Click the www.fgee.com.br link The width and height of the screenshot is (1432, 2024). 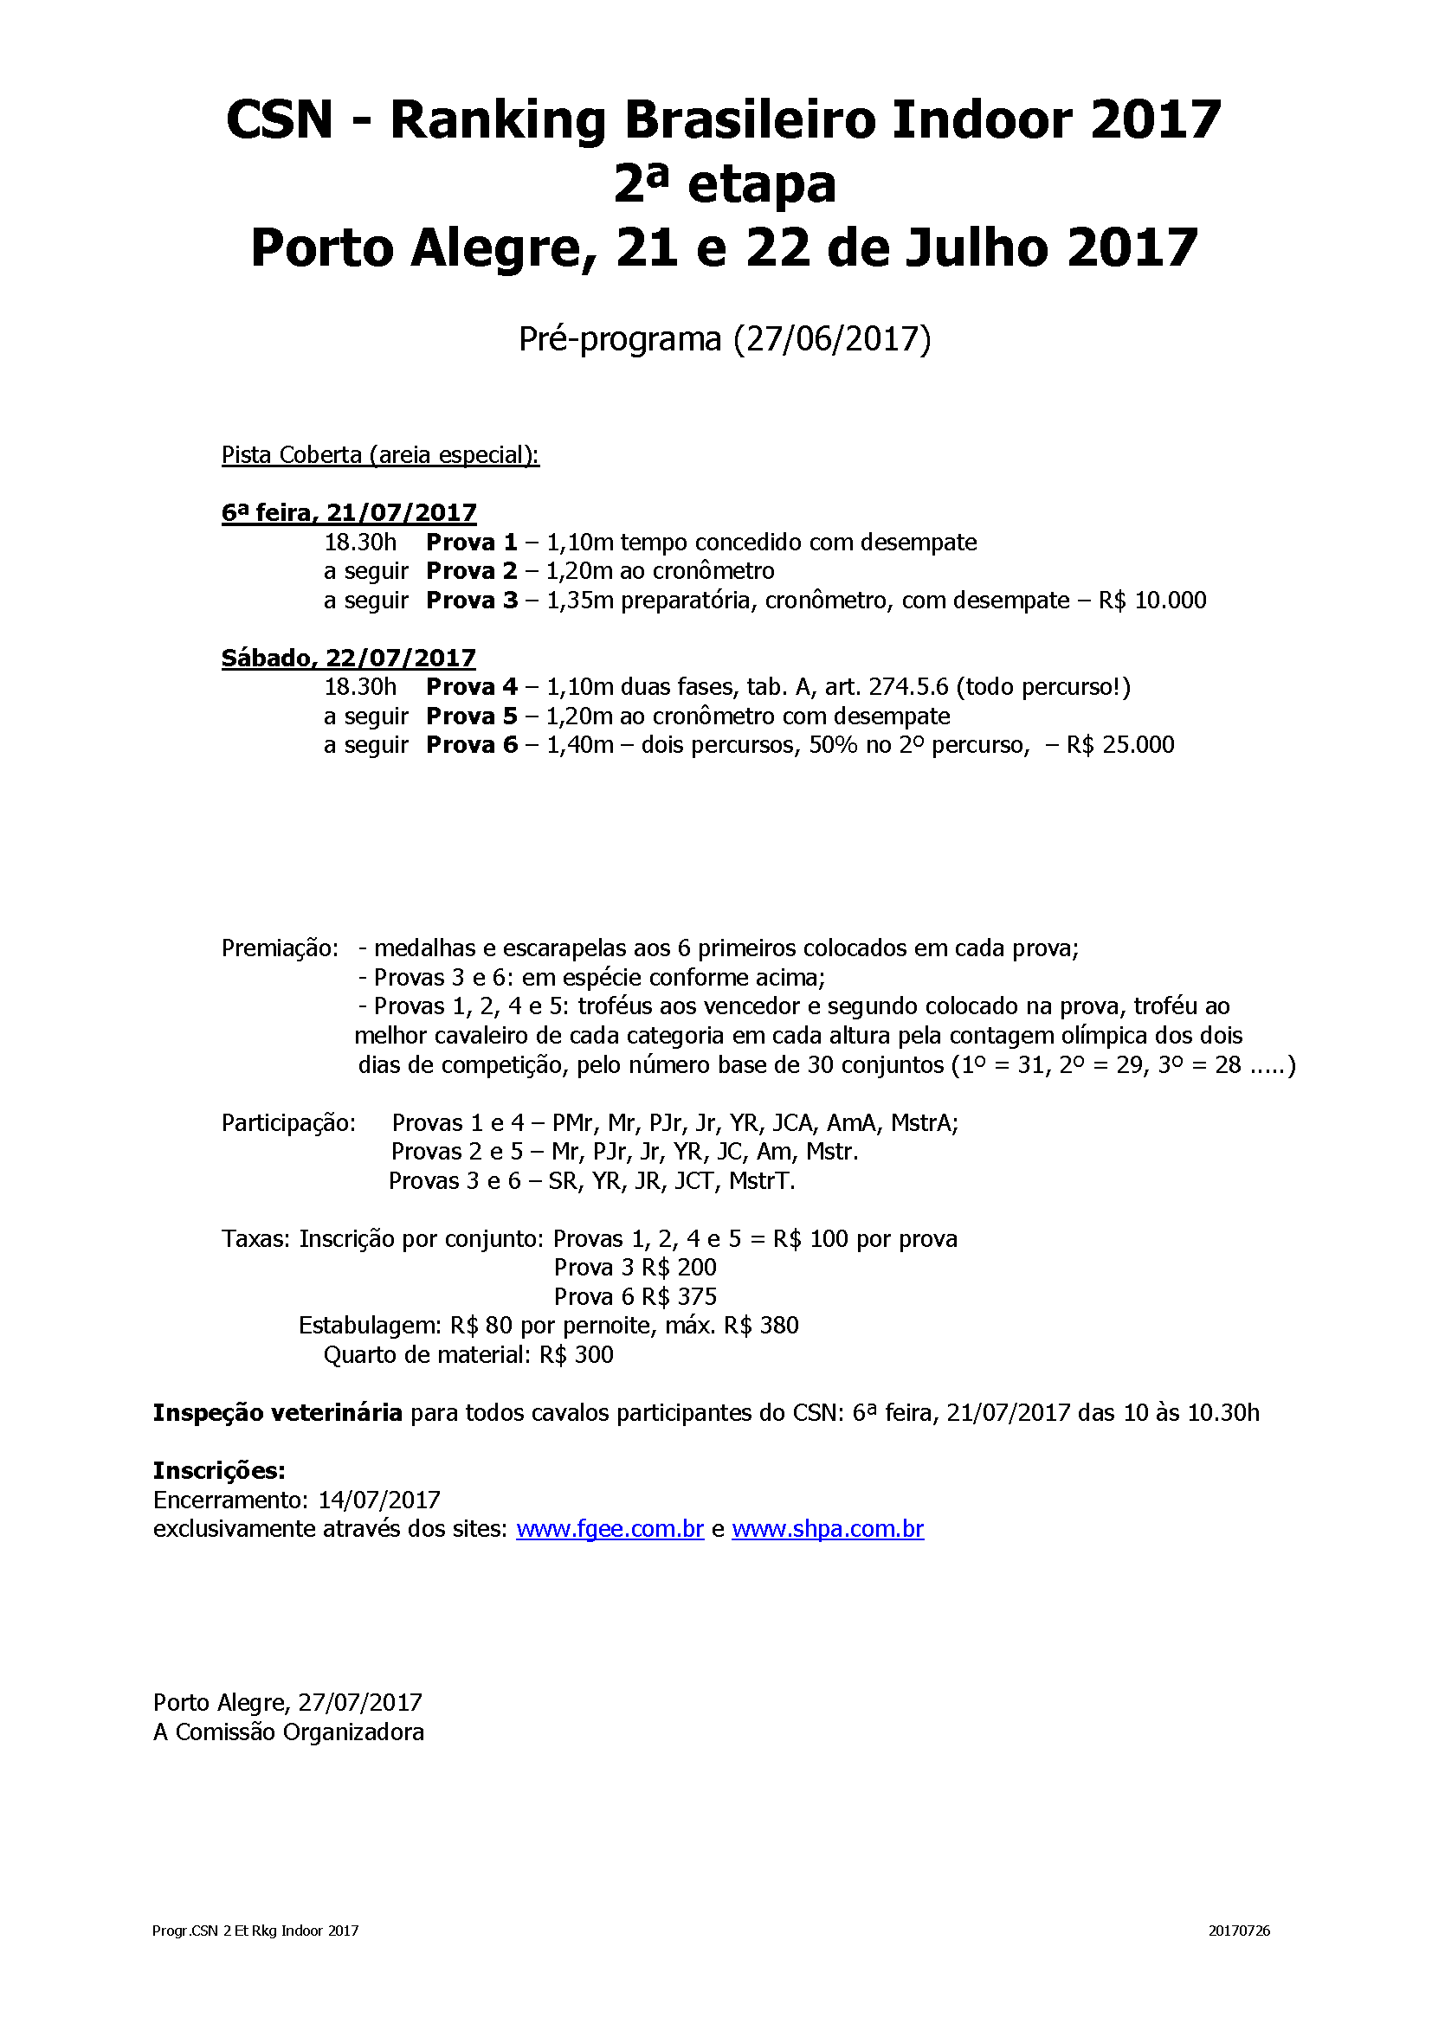point(610,1528)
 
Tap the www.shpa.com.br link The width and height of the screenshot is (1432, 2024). point(827,1528)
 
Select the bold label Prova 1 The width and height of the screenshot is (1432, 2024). point(471,543)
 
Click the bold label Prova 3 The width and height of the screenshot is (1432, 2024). point(471,601)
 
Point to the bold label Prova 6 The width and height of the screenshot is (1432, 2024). point(471,745)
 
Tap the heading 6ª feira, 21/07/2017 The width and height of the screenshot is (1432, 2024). point(348,513)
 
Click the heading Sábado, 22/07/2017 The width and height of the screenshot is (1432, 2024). point(348,658)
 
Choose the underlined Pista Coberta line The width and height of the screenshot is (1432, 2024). point(380,455)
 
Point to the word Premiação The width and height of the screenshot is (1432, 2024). point(280,948)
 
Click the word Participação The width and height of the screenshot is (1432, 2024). point(288,1123)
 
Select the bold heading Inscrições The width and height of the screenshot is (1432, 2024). point(219,1470)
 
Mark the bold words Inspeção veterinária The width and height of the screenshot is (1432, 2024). point(277,1413)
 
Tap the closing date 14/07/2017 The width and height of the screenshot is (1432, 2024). point(379,1500)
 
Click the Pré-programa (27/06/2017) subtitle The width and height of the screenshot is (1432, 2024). point(724,338)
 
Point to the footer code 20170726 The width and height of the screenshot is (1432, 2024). point(1239,1931)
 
